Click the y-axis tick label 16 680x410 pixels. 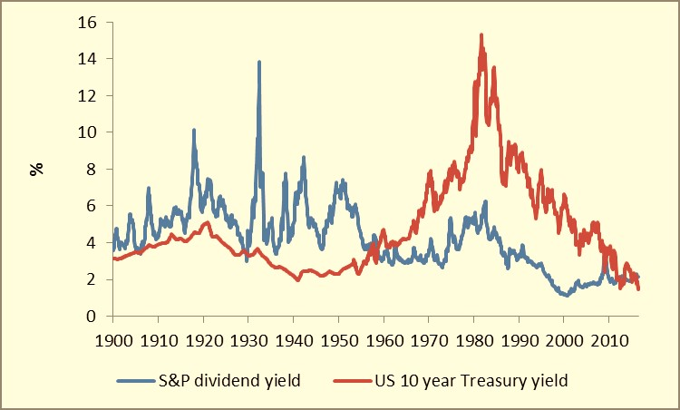coord(91,21)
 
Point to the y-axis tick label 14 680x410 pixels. coord(91,58)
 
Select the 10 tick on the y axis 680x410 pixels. coord(91,132)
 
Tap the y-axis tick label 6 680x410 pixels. coord(94,206)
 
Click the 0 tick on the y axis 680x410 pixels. coord(94,316)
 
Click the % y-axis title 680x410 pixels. coord(38,168)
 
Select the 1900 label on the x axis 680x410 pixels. coord(112,334)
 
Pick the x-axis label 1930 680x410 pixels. coord(248,334)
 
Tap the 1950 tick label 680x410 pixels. coord(338,334)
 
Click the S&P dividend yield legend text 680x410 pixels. coord(230,381)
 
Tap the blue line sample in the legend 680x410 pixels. coord(139,382)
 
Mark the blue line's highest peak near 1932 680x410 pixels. coord(259,62)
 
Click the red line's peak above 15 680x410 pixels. coord(481,34)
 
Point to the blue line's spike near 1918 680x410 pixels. coord(194,130)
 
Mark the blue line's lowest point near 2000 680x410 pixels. coord(566,296)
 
